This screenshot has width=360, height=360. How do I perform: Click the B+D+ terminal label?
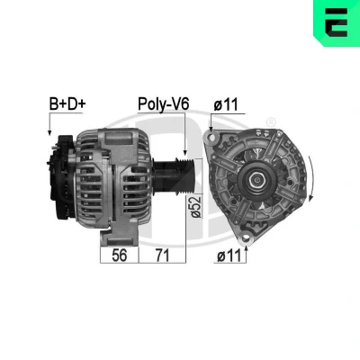pyautogui.click(x=67, y=104)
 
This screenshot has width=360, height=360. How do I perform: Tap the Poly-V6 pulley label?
pyautogui.click(x=164, y=104)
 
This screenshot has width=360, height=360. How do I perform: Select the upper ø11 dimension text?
pyautogui.click(x=226, y=104)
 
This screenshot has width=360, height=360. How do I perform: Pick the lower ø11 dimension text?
pyautogui.click(x=229, y=256)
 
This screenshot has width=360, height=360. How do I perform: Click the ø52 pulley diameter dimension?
pyautogui.click(x=196, y=207)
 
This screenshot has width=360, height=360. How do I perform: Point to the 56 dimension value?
pyautogui.click(x=120, y=256)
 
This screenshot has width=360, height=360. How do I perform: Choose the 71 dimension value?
pyautogui.click(x=162, y=256)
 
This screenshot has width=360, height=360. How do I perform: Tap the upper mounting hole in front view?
pyautogui.click(x=212, y=138)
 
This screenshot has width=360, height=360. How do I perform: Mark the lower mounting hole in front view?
pyautogui.click(x=246, y=238)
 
